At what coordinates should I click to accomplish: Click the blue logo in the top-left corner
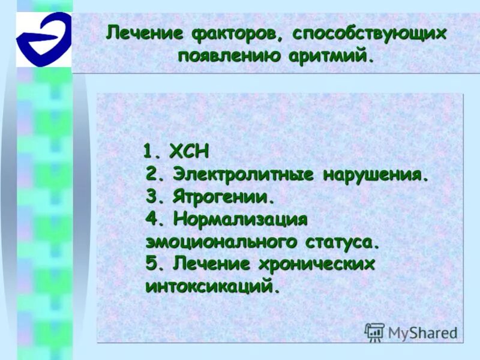point(43,38)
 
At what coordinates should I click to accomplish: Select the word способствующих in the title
point(369,33)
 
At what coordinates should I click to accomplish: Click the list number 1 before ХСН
point(150,152)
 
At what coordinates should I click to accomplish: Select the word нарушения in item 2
point(376,175)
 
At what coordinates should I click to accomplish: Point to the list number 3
point(152,197)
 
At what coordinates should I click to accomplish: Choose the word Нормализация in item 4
point(241,220)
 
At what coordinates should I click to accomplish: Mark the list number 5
point(152,264)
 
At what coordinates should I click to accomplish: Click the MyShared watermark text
point(423,332)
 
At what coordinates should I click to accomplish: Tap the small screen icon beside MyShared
point(374,332)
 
